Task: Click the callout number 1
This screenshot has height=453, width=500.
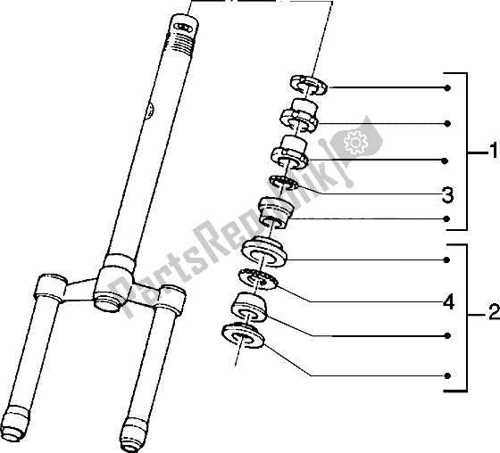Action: [493, 151]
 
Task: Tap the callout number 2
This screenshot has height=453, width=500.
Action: [494, 312]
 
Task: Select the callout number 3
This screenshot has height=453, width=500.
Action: [447, 194]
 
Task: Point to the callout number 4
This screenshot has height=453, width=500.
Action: [448, 301]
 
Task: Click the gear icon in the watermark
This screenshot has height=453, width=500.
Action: [355, 142]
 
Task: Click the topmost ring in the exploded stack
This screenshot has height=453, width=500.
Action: [309, 85]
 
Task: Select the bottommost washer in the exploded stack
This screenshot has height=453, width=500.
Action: [243, 335]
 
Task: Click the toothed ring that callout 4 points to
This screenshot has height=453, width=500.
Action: [258, 279]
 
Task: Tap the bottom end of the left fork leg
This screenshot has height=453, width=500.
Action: [15, 422]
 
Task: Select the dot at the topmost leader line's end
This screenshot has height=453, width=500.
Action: [448, 87]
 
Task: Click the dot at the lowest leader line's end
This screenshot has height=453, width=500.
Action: [447, 376]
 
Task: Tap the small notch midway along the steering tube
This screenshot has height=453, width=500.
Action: [150, 110]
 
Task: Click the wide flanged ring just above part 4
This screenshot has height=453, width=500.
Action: [263, 251]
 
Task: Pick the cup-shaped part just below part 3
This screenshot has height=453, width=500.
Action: [276, 212]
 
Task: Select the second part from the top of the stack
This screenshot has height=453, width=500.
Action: [299, 116]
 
